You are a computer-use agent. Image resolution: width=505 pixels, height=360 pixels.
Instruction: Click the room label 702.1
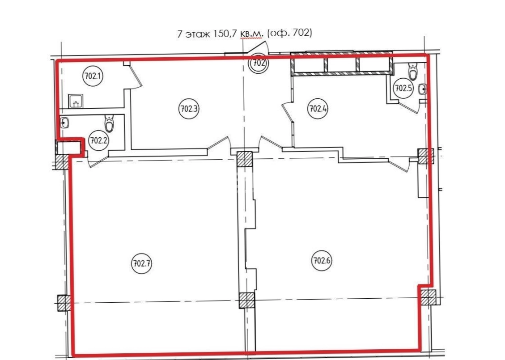click(x=93, y=76)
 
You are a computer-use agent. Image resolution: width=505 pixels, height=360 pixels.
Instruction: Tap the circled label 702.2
click(x=99, y=141)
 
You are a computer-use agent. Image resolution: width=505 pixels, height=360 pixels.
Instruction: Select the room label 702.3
click(x=189, y=109)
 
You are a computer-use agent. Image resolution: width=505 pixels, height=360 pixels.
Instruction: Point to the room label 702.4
click(x=318, y=109)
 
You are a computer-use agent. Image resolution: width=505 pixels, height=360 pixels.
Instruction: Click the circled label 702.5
click(x=403, y=88)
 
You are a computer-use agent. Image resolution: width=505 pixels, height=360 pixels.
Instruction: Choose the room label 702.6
click(x=322, y=260)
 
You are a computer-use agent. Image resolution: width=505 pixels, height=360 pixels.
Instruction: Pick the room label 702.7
click(x=141, y=264)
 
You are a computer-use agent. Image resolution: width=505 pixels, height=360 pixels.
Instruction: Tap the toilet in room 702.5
click(x=413, y=71)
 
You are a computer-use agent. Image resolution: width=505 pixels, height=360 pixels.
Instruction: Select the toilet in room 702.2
click(x=110, y=123)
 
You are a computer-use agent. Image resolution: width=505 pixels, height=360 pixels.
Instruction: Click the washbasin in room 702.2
click(x=65, y=123)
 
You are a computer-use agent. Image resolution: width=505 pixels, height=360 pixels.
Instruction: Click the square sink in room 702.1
click(x=75, y=101)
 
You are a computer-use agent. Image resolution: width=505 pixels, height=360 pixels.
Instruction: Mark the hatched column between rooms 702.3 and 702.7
click(x=244, y=159)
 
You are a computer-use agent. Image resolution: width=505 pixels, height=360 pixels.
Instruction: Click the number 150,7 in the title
click(x=223, y=34)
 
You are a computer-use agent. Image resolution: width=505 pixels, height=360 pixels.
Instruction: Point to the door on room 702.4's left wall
click(x=287, y=112)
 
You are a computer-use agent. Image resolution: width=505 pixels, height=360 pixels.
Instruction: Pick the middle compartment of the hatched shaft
click(x=341, y=64)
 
